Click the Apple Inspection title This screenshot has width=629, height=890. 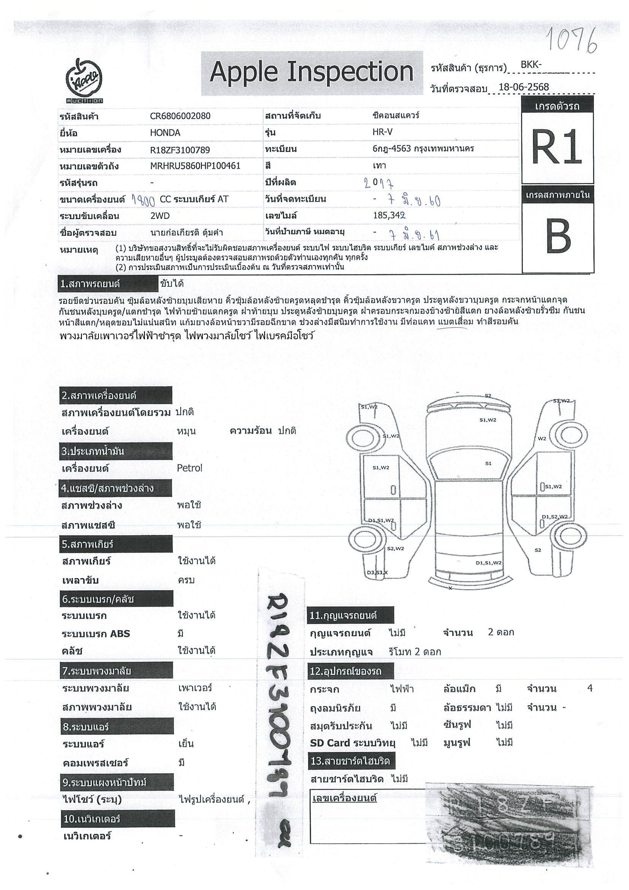point(311,73)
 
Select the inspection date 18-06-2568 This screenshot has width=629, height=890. point(524,87)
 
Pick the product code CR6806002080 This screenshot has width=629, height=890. point(180,116)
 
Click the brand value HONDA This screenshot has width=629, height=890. point(165,133)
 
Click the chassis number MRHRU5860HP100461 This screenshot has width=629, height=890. point(195,166)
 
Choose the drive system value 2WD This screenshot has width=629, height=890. point(160,216)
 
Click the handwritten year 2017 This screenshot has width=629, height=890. point(379,183)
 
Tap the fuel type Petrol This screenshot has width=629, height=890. point(189,468)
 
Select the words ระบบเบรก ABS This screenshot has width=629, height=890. point(96,634)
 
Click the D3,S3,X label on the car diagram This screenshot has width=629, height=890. point(377,572)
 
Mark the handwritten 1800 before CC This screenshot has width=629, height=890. point(143,200)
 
